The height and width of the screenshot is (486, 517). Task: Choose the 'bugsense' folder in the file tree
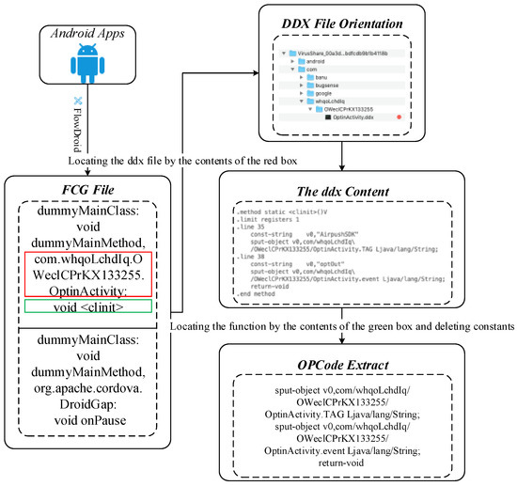tap(343, 92)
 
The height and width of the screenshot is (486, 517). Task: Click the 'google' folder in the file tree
tap(339, 102)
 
